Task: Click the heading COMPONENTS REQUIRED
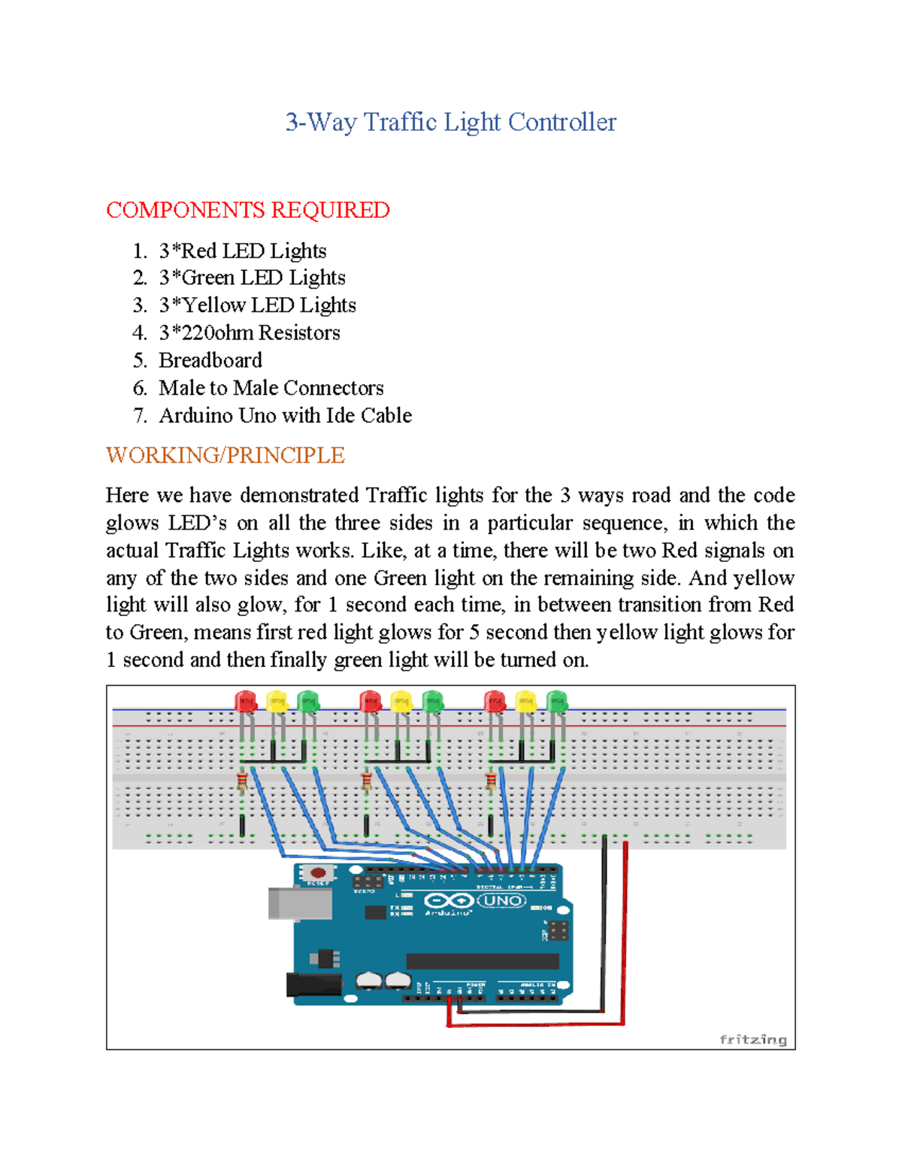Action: [247, 210]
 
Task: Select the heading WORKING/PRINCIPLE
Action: [225, 455]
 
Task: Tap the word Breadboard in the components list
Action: [210, 360]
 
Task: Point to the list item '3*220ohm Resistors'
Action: [250, 332]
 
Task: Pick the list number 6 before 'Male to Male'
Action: [139, 388]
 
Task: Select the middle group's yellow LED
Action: [401, 702]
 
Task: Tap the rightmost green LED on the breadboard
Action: [556, 702]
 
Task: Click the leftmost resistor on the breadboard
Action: [242, 782]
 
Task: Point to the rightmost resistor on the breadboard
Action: [491, 782]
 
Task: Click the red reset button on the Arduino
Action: [318, 873]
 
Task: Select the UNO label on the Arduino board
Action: [502, 900]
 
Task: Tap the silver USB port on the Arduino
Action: [299, 903]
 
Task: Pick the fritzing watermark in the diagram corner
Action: [752, 1039]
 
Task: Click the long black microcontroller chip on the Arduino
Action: [483, 961]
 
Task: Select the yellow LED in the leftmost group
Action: [277, 702]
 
